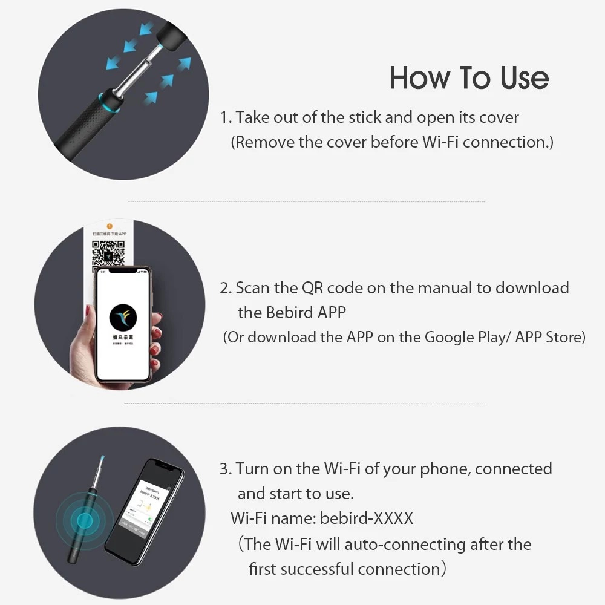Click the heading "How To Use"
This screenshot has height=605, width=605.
click(469, 78)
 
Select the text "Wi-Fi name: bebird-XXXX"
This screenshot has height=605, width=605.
click(322, 518)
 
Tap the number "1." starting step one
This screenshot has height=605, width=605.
click(226, 117)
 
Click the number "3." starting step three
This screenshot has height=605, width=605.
click(226, 469)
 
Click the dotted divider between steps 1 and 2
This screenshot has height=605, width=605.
click(306, 201)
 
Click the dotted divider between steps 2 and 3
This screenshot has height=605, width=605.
click(304, 404)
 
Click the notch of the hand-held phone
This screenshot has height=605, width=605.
click(123, 271)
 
